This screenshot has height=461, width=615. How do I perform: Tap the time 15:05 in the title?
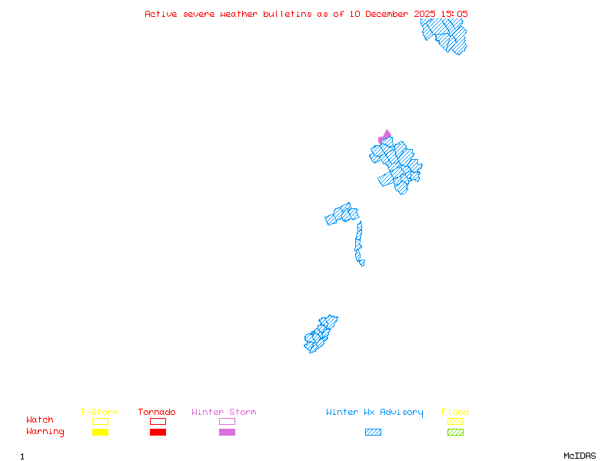pyautogui.click(x=454, y=14)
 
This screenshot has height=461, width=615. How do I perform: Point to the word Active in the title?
pyautogui.click(x=161, y=14)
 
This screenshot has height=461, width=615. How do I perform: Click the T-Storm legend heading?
pyautogui.click(x=99, y=413)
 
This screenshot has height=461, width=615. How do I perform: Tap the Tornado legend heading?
pyautogui.click(x=157, y=413)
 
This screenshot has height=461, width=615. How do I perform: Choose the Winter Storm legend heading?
pyautogui.click(x=224, y=413)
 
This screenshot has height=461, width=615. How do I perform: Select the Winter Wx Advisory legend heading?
pyautogui.click(x=374, y=413)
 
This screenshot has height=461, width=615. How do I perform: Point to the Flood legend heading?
pyautogui.click(x=455, y=413)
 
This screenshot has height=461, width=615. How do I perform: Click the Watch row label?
pyautogui.click(x=40, y=420)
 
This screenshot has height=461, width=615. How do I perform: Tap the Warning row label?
pyautogui.click(x=45, y=432)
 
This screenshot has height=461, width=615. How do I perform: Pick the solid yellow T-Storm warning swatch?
pyautogui.click(x=100, y=432)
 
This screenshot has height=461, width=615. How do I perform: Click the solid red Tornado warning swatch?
pyautogui.click(x=158, y=432)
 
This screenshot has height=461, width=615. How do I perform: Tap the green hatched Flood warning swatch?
pyautogui.click(x=455, y=432)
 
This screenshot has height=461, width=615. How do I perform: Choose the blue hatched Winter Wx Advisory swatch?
pyautogui.click(x=373, y=432)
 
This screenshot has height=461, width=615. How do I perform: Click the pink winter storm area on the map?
pyautogui.click(x=384, y=137)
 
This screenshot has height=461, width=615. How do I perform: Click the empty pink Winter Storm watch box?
pyautogui.click(x=227, y=421)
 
